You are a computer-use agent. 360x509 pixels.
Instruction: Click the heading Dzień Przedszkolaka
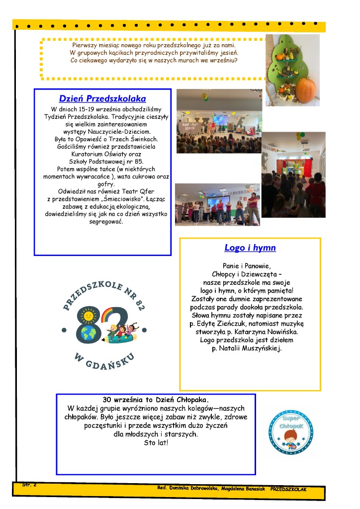point(102,99)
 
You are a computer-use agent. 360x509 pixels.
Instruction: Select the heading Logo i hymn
point(250,248)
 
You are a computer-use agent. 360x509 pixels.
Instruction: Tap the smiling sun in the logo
point(88,315)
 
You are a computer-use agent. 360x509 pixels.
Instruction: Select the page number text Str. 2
point(29,484)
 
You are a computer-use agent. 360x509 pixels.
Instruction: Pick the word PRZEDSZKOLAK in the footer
point(289,489)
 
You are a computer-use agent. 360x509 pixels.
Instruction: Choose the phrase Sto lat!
point(156,442)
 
